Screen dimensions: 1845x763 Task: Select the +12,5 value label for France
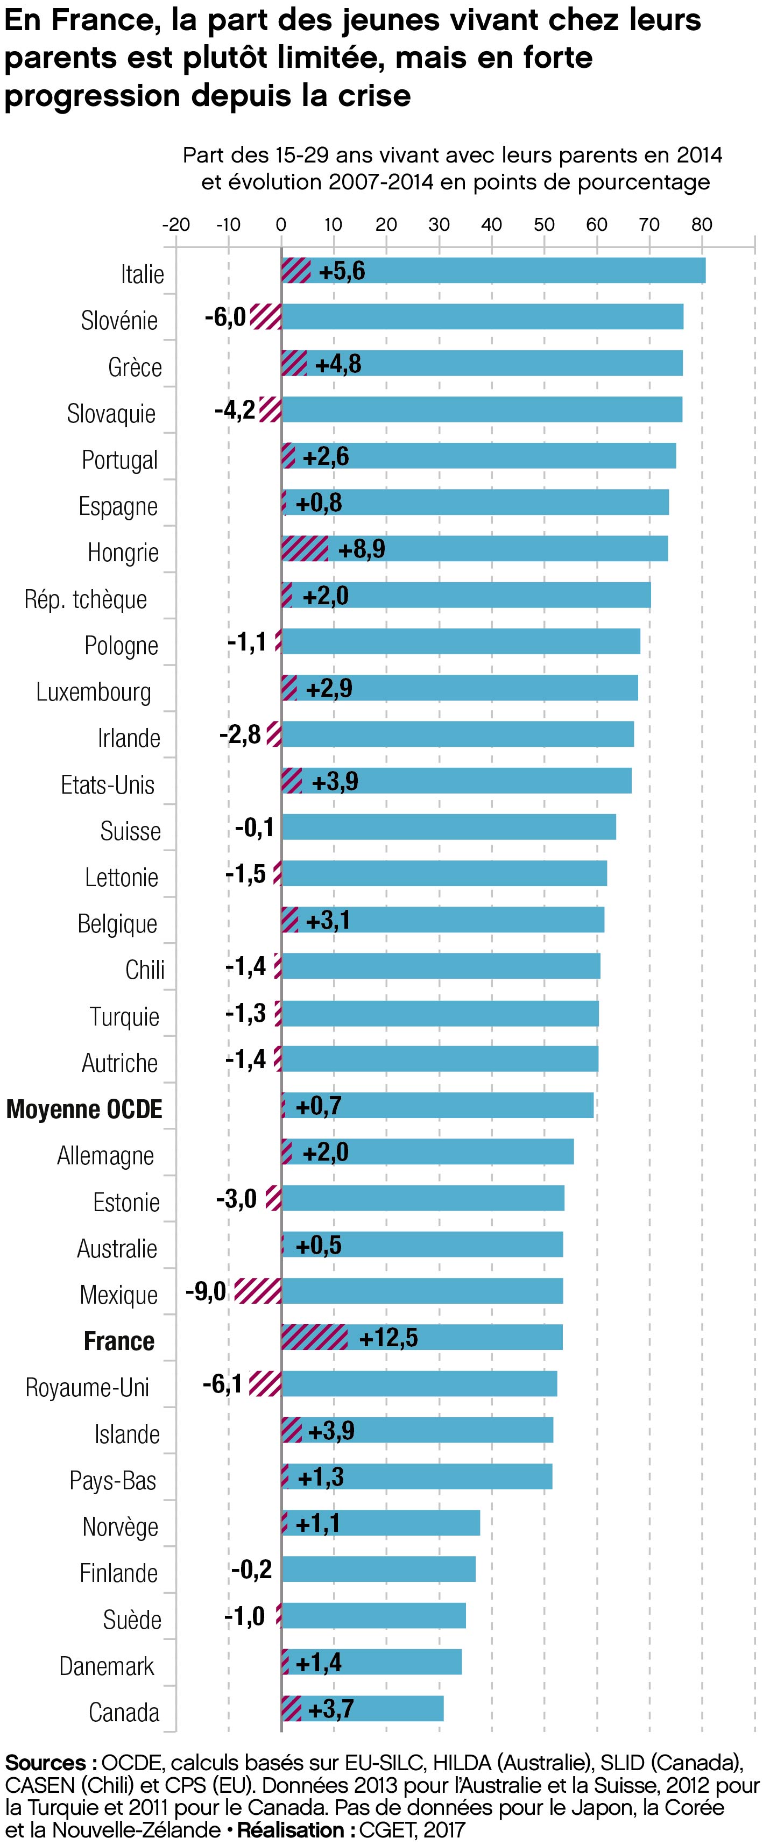387,1337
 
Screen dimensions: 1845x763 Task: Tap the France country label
119,1341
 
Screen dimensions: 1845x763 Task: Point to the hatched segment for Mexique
258,1291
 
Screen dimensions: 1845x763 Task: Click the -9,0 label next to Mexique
206,1291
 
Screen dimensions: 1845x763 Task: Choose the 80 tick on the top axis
701,224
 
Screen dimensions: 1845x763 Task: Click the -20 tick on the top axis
175,224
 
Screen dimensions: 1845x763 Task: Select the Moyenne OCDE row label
84,1109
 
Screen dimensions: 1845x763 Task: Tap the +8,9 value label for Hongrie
361,549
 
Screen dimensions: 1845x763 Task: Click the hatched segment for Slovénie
266,316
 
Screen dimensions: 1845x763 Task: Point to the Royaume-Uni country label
87,1387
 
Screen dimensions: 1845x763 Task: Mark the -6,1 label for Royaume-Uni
222,1384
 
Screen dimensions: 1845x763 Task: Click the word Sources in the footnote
46,1763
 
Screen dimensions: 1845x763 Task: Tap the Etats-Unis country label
108,784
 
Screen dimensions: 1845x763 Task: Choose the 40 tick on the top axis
491,224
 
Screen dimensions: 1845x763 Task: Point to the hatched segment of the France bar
315,1337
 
